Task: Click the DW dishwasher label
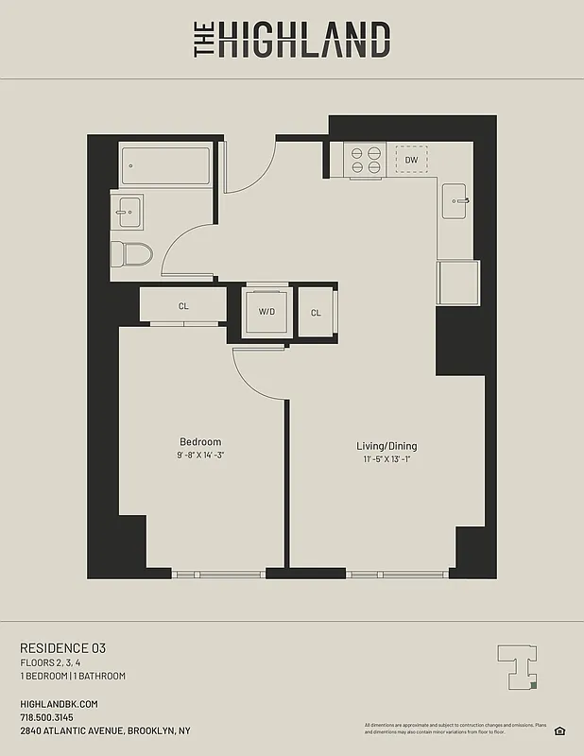(x=411, y=160)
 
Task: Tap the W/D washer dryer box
(x=266, y=312)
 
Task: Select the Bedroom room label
(x=200, y=442)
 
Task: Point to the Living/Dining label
(x=386, y=446)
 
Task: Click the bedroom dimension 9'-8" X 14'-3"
(x=200, y=455)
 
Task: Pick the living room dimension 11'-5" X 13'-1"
(x=386, y=459)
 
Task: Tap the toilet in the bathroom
(x=130, y=253)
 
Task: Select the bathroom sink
(x=126, y=213)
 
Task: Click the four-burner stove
(x=366, y=160)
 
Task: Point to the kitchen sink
(x=457, y=200)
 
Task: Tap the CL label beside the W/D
(x=316, y=313)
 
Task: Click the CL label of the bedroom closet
(x=183, y=306)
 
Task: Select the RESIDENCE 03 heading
(x=63, y=648)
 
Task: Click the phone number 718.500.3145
(x=46, y=717)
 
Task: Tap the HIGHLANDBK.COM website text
(x=59, y=704)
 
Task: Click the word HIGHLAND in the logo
(x=303, y=41)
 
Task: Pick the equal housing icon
(x=559, y=730)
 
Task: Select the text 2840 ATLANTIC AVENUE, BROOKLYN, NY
(x=105, y=730)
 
